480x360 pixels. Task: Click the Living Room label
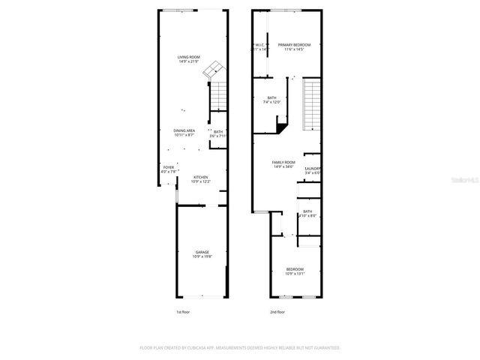click(188, 59)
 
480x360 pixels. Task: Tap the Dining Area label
click(184, 133)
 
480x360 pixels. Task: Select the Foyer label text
click(169, 169)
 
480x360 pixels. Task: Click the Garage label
click(202, 253)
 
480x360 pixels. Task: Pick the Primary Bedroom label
click(294, 46)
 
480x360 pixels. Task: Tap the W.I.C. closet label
click(260, 46)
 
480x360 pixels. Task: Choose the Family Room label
click(283, 164)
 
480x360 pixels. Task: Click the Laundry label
click(313, 170)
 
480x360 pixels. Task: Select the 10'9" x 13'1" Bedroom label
click(295, 271)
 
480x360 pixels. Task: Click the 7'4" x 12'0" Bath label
click(271, 100)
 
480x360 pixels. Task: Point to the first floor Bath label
click(217, 134)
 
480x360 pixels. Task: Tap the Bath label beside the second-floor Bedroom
click(307, 214)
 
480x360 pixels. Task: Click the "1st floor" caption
click(183, 312)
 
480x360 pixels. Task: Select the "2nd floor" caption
click(277, 312)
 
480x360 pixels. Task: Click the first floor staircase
click(217, 96)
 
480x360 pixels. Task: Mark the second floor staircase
click(311, 105)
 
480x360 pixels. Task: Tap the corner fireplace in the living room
click(215, 70)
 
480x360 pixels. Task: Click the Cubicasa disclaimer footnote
click(240, 348)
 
